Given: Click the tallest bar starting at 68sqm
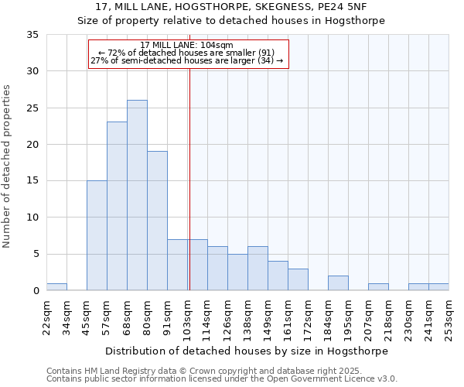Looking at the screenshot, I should click(x=137, y=195).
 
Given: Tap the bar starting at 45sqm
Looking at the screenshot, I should click(x=97, y=235).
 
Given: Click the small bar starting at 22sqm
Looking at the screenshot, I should click(x=56, y=286).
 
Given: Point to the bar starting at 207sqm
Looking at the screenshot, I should click(x=378, y=286).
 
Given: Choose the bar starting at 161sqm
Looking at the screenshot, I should click(x=298, y=279).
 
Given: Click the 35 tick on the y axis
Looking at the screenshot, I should click(x=32, y=35).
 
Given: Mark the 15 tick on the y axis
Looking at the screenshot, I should click(x=32, y=181).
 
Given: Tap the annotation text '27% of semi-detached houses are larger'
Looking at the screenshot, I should click(x=187, y=60).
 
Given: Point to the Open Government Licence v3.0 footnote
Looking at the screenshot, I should click(x=222, y=379).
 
